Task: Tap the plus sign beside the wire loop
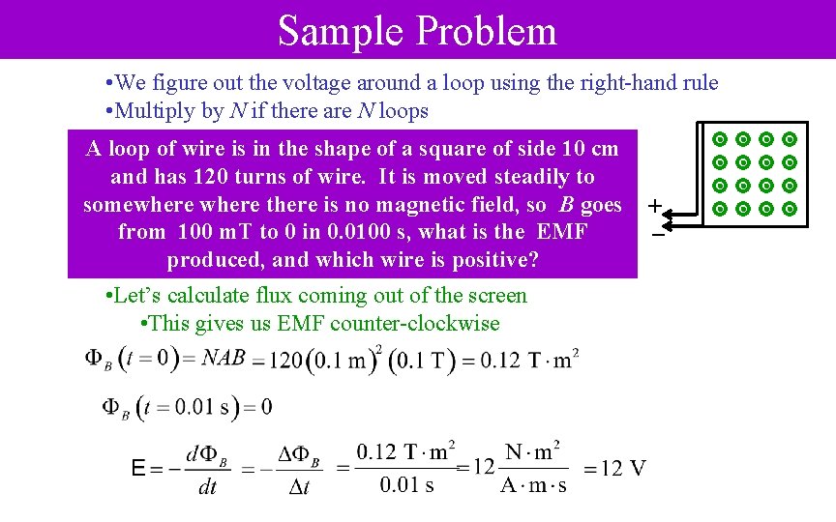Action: [x=655, y=206]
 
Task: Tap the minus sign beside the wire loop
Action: [x=657, y=235]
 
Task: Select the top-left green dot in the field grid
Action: [x=720, y=139]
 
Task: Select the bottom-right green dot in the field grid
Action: [x=790, y=208]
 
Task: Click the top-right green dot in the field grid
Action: [x=790, y=139]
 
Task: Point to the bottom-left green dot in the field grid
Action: [x=720, y=208]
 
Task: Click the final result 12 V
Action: [x=623, y=469]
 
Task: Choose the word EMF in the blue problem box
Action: [x=563, y=233]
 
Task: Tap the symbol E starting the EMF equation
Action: [x=140, y=470]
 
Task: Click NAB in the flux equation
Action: [x=224, y=358]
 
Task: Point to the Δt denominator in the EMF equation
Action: [x=299, y=486]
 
